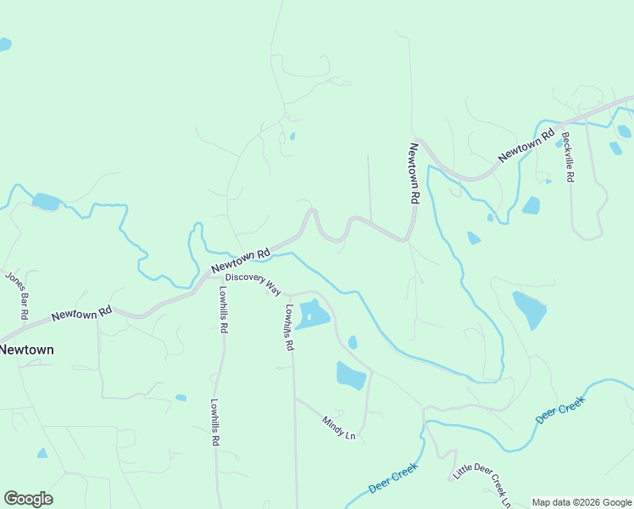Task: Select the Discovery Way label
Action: (253, 284)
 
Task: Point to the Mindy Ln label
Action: (338, 428)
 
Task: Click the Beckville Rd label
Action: (568, 157)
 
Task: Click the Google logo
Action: (28, 499)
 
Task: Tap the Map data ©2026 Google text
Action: (581, 502)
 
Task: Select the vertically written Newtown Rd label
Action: (414, 173)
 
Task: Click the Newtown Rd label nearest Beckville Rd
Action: (526, 144)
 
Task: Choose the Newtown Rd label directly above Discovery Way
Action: (240, 260)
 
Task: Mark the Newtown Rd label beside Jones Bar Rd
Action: (81, 312)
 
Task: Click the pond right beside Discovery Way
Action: (314, 314)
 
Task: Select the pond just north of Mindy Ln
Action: (351, 374)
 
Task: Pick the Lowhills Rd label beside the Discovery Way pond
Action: (289, 328)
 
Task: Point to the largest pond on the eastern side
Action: (529, 310)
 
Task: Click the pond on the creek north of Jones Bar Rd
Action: (46, 202)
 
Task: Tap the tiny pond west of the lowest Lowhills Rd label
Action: (181, 397)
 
